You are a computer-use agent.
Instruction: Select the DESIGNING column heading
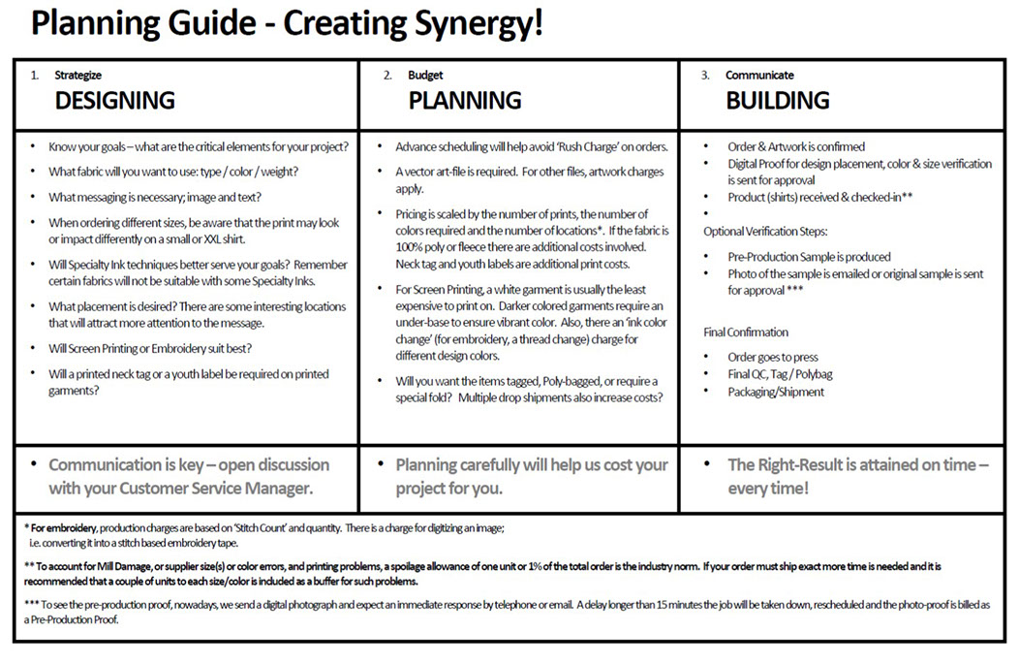tap(114, 100)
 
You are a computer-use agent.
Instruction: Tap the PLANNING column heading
tap(464, 100)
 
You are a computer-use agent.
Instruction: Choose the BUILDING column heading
tap(777, 100)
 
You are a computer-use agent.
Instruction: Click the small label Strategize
tap(77, 75)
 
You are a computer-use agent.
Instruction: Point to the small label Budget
tap(426, 75)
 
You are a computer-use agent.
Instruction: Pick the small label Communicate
tap(759, 75)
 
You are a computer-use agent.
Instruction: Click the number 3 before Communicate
tap(705, 75)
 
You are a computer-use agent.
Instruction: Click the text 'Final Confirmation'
tap(746, 332)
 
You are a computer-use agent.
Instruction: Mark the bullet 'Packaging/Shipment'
tap(776, 392)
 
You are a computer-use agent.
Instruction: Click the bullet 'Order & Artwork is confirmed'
tap(796, 147)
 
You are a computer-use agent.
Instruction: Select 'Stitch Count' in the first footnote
tap(245, 527)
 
